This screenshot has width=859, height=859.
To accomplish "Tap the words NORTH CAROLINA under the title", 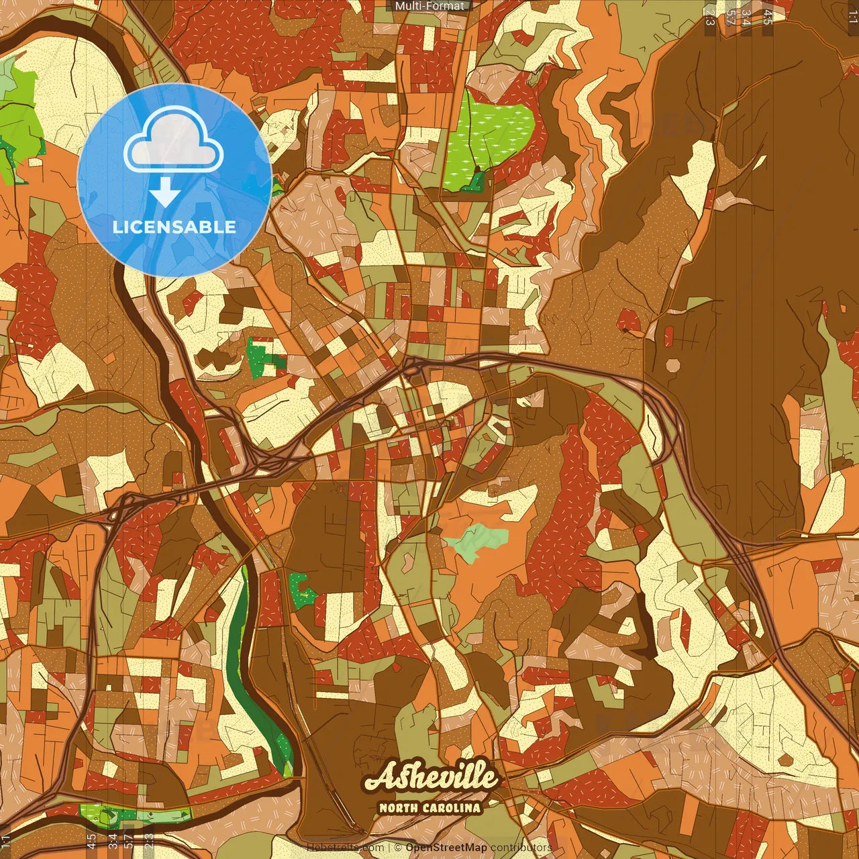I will pos(430,808).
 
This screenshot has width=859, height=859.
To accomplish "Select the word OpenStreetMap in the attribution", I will pos(446,848).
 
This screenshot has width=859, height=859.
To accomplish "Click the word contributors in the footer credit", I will pos(521,848).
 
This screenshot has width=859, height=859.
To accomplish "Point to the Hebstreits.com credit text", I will pos(346,848).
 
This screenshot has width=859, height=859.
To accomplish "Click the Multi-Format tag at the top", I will pos(429,6).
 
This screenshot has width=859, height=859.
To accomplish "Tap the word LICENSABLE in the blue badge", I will pos(174,227).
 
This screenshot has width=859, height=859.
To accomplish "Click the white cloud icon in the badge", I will pos(174,142).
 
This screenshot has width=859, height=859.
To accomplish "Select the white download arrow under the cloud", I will pos(165,193).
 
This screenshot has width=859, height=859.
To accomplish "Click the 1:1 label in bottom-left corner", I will pos(6,841).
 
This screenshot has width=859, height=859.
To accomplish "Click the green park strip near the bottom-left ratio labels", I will pos(134,815).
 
